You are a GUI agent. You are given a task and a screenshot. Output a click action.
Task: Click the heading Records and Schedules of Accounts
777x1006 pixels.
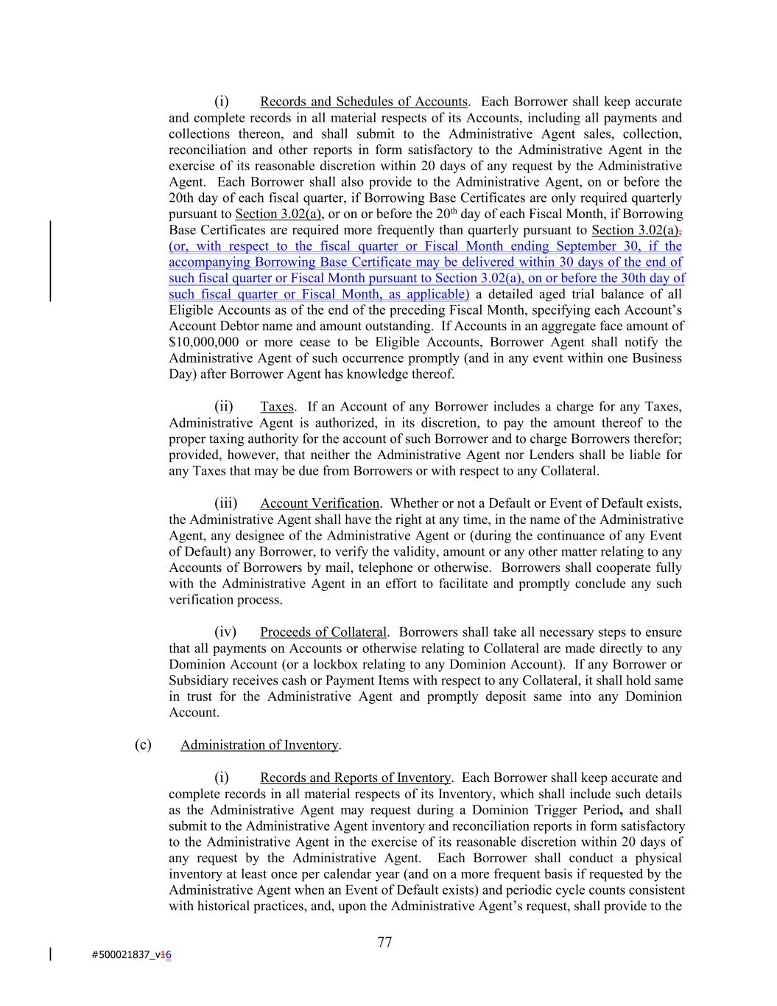[x=364, y=102]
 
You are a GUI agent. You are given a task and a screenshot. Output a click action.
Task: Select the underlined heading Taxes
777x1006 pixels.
[x=277, y=407]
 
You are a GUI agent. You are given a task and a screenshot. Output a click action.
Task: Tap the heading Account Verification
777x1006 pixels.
[x=320, y=503]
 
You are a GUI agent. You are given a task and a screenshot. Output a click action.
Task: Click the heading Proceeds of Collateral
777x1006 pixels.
[x=323, y=632]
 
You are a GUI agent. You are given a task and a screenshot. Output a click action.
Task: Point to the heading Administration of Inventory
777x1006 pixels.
[x=259, y=745]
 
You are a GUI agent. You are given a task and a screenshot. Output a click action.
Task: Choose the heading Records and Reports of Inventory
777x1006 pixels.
[x=355, y=778]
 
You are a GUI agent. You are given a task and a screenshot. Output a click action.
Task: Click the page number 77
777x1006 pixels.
[x=384, y=942]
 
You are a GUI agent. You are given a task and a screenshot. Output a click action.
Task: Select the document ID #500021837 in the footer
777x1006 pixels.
[x=125, y=955]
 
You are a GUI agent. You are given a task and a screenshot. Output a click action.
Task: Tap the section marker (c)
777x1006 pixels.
[x=143, y=744]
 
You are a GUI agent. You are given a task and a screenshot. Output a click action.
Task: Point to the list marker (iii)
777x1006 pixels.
[x=226, y=503]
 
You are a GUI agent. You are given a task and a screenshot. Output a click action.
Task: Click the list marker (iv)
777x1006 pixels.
[x=225, y=632]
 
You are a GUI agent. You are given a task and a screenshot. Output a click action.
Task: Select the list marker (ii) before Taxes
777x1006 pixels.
[x=224, y=407]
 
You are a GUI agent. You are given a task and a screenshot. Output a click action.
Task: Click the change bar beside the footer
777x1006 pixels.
[x=50, y=954]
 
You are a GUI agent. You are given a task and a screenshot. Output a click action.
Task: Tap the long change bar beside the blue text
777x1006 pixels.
[x=50, y=261]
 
